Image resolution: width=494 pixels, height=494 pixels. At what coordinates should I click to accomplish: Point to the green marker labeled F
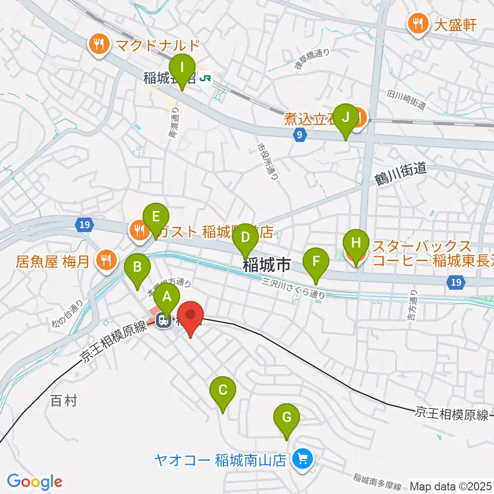point(316,263)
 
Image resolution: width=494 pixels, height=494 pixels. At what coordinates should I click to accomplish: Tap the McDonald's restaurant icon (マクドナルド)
point(98,44)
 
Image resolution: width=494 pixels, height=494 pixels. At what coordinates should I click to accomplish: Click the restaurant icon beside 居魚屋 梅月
point(106,260)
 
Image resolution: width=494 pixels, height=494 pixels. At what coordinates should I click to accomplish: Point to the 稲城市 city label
point(266,265)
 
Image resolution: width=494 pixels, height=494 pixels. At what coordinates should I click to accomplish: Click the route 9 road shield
point(299,135)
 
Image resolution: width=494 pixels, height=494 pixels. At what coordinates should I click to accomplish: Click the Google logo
point(34,482)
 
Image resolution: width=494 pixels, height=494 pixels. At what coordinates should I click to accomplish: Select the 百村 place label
point(64,401)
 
